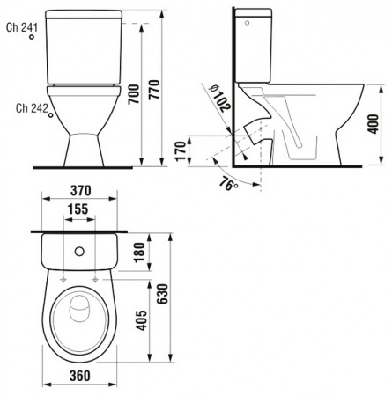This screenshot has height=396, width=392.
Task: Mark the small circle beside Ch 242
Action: pos(52,114)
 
